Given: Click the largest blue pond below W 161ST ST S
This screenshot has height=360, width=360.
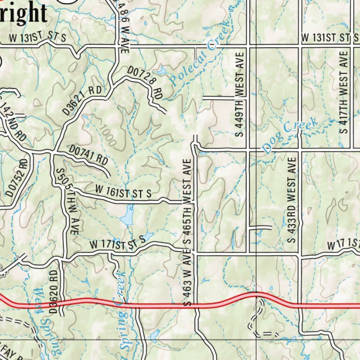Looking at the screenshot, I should click(x=127, y=218).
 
